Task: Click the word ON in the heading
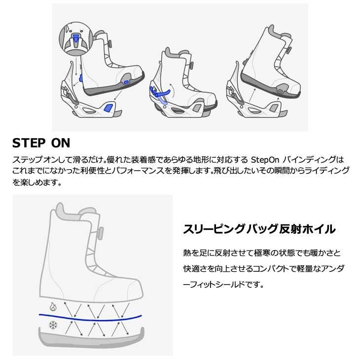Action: [61, 144]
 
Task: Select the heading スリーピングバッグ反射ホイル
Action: [259, 229]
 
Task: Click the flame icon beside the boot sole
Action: [52, 306]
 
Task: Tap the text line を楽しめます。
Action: [36, 182]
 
